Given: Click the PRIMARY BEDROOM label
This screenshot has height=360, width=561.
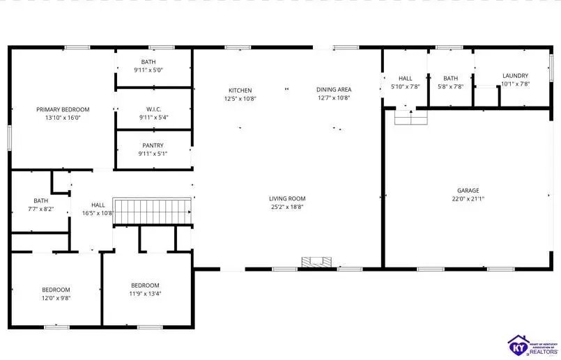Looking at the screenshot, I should click(x=63, y=109).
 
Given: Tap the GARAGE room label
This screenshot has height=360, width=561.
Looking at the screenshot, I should click(x=468, y=190).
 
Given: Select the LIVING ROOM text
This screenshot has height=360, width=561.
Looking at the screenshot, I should click(x=287, y=198).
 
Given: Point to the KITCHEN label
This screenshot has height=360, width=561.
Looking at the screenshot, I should click(x=240, y=90).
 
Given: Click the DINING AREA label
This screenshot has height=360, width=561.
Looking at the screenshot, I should click(x=333, y=89).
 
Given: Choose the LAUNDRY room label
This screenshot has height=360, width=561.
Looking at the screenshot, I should click(x=515, y=75).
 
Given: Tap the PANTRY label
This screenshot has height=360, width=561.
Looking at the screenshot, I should click(x=153, y=145).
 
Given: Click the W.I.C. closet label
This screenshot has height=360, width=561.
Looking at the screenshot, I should click(x=153, y=109).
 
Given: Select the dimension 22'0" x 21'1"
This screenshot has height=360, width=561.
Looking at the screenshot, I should click(x=468, y=198).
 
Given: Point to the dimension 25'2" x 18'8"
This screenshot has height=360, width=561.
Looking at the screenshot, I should click(x=287, y=207).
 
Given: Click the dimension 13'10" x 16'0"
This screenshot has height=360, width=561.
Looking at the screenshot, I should click(x=63, y=118).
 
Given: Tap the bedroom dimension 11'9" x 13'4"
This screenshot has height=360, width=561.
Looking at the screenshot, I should click(x=145, y=293).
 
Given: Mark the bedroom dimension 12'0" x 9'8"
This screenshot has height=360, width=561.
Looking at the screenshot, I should click(x=56, y=298).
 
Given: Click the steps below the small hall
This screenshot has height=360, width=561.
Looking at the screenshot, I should click(x=410, y=118).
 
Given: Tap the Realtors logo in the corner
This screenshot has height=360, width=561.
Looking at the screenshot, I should click(x=530, y=343).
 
